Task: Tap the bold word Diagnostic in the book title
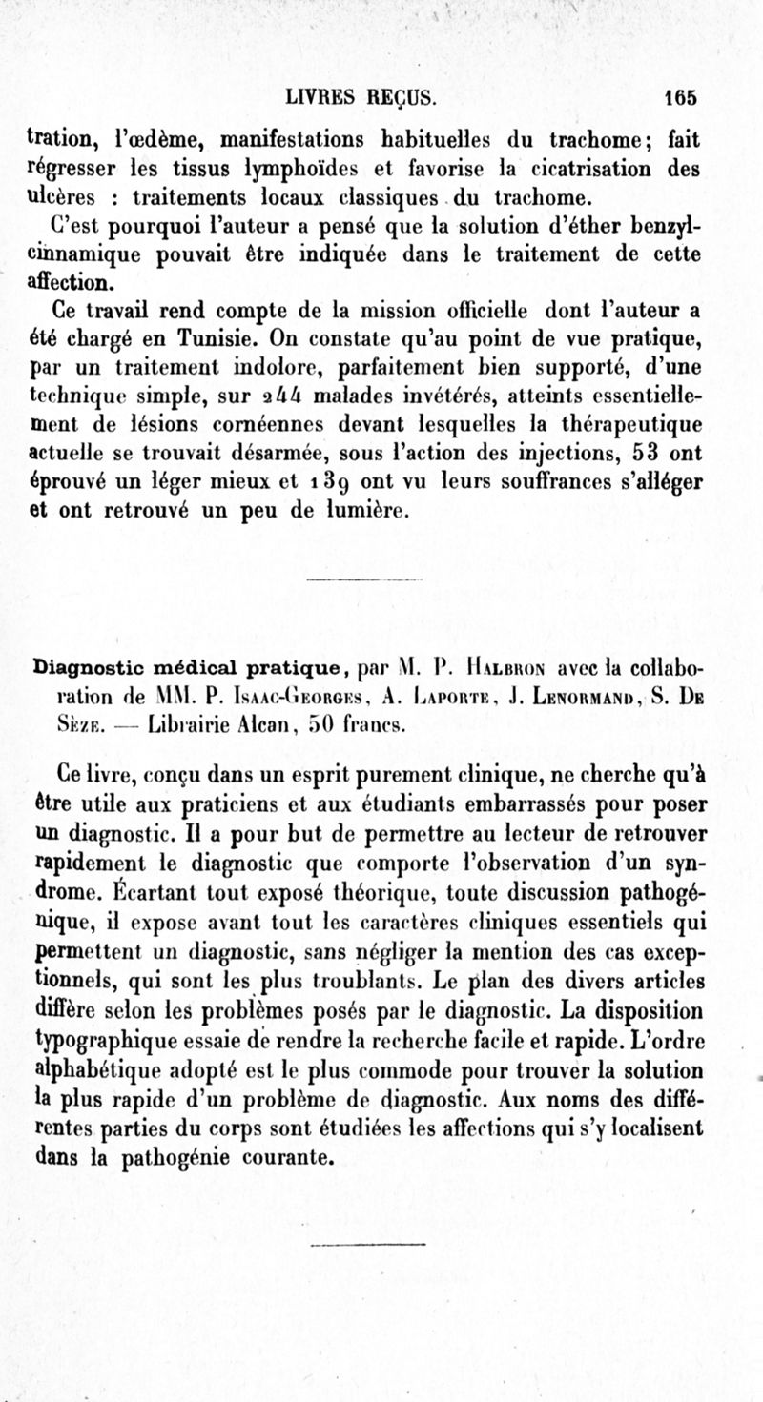pyautogui.click(x=82, y=662)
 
